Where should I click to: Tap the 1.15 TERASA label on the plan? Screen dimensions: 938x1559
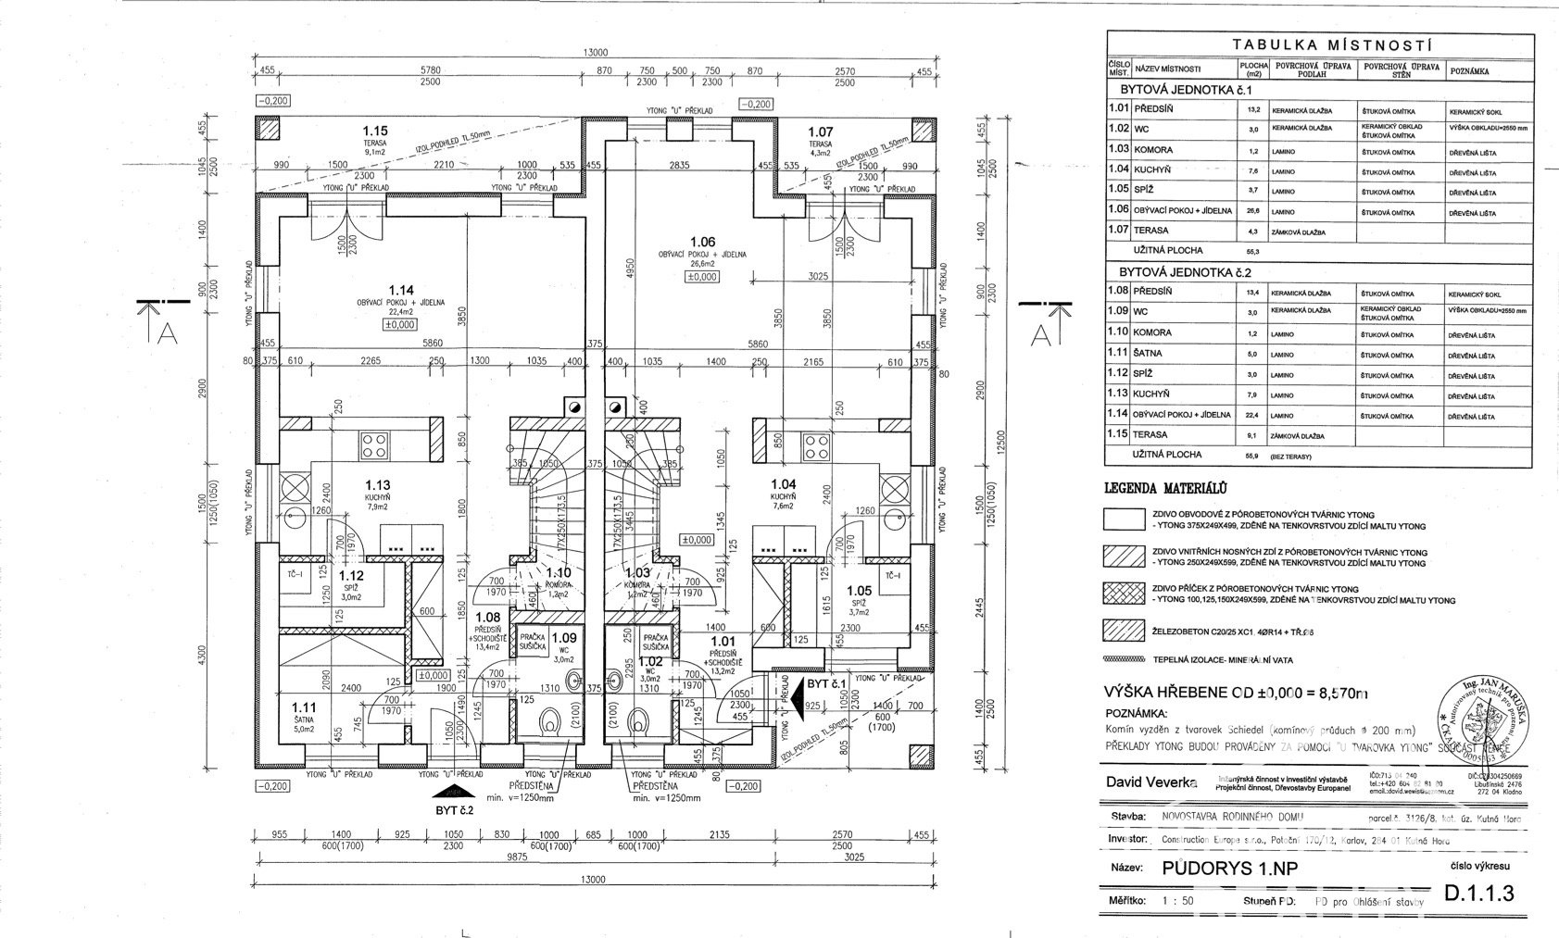coord(375,131)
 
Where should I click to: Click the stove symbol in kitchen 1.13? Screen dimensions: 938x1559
coord(374,444)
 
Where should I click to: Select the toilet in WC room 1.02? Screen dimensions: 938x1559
coord(637,721)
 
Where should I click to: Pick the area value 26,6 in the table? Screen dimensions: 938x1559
coord(1254,212)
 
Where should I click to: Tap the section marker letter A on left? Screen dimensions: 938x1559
coord(167,334)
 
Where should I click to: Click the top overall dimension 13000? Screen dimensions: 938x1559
coord(594,53)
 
